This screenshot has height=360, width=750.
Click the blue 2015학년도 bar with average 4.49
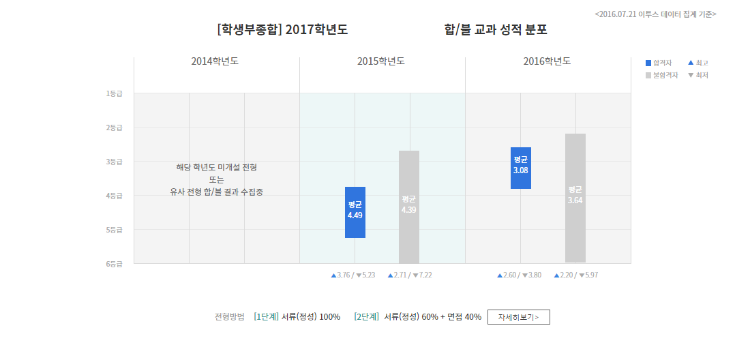(x=355, y=212)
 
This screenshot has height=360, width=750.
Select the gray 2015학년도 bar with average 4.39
(x=409, y=207)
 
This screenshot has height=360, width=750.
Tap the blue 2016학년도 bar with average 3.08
(x=520, y=168)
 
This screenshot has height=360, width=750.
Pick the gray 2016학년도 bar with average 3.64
(x=575, y=198)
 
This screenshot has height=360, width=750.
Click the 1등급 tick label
(x=114, y=93)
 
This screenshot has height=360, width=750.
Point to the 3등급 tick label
(x=114, y=162)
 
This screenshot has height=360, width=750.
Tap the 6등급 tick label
(x=114, y=264)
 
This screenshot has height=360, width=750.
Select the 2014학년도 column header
(x=215, y=61)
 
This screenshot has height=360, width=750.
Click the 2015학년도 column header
(x=381, y=61)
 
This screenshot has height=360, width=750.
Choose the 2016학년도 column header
(x=547, y=61)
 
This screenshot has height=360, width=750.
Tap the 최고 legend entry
(x=698, y=63)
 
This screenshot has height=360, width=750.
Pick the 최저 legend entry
(x=698, y=75)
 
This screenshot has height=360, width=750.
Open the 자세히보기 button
(x=518, y=317)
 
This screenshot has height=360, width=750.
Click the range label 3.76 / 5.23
(x=353, y=275)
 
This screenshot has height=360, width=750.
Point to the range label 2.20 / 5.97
(x=576, y=275)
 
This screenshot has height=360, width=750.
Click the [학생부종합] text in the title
(x=249, y=30)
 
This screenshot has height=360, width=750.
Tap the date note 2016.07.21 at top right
(x=655, y=14)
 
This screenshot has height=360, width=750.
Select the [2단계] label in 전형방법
(x=367, y=317)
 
